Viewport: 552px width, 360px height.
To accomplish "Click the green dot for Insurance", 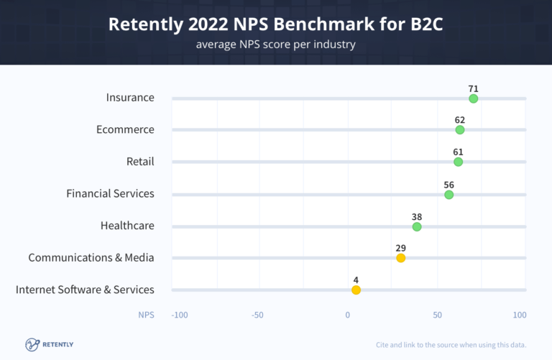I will [473, 98].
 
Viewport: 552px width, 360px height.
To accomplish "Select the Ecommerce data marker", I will [460, 130].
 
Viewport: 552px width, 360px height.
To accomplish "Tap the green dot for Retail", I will [459, 162].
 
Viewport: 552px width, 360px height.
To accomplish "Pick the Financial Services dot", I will [449, 195].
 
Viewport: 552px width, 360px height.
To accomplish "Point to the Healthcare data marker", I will [417, 226].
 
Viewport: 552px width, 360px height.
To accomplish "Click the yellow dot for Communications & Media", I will [401, 258].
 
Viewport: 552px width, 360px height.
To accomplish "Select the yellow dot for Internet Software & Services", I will [356, 290].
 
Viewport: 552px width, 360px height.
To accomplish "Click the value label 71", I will [473, 88].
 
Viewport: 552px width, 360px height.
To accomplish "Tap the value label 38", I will [417, 216].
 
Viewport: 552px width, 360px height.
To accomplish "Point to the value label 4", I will [356, 280].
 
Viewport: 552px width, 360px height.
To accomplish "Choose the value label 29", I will [401, 248].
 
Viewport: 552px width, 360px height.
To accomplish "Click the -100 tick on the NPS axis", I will [179, 315].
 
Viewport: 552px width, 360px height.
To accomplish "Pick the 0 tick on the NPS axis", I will [348, 315].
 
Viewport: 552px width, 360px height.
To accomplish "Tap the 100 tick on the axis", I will [520, 315].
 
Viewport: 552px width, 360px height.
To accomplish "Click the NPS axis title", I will [146, 315].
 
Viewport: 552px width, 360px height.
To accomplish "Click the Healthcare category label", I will [127, 226].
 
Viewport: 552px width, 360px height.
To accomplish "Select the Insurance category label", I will [130, 97].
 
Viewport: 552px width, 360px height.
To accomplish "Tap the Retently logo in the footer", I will [50, 344].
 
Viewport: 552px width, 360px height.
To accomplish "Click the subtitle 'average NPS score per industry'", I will [276, 45].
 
